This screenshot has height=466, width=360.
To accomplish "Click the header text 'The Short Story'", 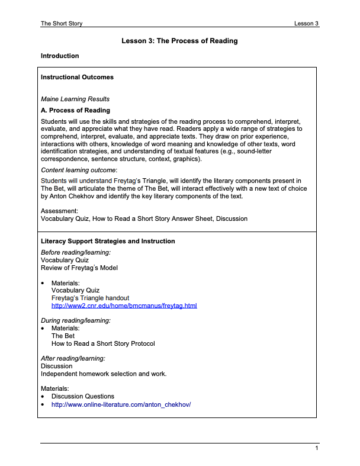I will [x=62, y=24].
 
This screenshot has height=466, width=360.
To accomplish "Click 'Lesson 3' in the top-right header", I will [x=306, y=24].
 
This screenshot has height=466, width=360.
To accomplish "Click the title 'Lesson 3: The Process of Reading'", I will [x=179, y=41].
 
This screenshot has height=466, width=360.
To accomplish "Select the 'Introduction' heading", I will [x=60, y=56].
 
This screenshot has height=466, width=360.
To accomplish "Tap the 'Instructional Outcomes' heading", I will [x=77, y=77].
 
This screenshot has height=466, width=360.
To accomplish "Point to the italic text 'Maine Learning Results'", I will [x=75, y=99].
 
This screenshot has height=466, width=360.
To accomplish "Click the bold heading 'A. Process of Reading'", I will [x=75, y=110].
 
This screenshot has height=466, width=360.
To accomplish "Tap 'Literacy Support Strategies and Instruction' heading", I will [x=108, y=241].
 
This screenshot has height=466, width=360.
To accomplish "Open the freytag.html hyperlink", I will [x=124, y=306].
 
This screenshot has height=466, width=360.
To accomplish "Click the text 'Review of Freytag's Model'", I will [x=79, y=268].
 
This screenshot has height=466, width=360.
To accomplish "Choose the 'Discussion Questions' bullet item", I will [x=83, y=396].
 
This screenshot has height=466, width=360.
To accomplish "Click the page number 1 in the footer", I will [x=317, y=449].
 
